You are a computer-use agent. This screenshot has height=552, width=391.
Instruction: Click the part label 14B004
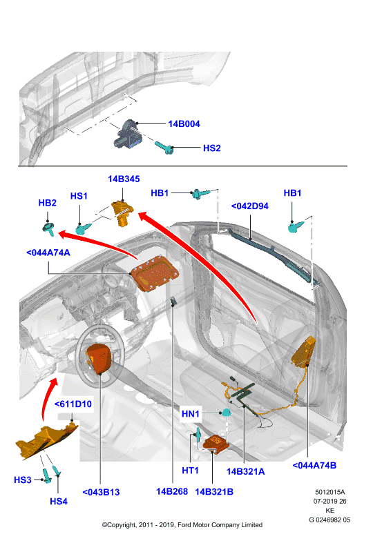(184, 124)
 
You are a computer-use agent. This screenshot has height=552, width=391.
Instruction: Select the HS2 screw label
(211, 148)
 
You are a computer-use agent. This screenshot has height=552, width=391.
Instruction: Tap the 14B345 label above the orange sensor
(124, 179)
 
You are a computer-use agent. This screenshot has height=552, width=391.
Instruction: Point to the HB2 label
(47, 203)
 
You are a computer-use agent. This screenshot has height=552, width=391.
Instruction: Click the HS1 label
(79, 196)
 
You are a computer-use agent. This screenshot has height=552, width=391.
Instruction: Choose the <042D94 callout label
(249, 206)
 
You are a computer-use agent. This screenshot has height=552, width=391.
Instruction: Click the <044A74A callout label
(48, 253)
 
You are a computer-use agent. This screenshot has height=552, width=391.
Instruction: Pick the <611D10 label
(73, 404)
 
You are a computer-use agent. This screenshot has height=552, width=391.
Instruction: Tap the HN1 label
(191, 414)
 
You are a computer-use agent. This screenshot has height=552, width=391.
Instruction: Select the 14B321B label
(214, 492)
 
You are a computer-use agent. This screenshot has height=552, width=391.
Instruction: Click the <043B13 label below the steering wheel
(101, 492)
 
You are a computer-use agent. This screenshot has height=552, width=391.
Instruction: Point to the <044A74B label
(314, 465)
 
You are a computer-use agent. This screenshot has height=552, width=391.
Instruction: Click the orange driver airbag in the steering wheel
(99, 359)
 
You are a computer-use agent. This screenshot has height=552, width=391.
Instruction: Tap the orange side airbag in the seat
(303, 351)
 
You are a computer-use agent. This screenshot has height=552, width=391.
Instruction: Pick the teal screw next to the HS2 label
(164, 148)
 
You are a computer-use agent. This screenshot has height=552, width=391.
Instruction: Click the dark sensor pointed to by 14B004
(128, 135)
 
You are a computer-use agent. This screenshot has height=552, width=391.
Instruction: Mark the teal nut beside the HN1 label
(225, 413)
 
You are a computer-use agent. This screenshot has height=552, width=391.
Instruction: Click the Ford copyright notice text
(182, 525)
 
